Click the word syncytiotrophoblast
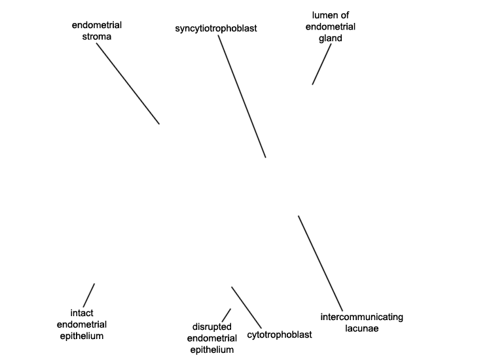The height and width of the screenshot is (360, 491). [x=216, y=29]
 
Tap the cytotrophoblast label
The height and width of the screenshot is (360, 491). [x=280, y=334]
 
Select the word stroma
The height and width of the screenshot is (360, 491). [x=97, y=37]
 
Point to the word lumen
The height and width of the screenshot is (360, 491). [x=323, y=15]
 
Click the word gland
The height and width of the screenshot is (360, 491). [x=331, y=39]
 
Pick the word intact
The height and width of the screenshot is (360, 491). [x=82, y=313]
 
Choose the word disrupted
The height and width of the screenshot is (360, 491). [x=211, y=327]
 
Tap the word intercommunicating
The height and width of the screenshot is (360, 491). [x=361, y=317]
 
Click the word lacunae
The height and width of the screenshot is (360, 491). [x=361, y=329]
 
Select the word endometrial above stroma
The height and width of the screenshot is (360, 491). [x=97, y=25]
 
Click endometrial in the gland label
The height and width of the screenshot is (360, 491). [x=331, y=27]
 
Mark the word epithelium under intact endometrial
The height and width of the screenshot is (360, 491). [x=82, y=336]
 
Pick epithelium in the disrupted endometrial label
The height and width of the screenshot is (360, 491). [x=212, y=350]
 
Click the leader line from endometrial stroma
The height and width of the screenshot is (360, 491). [x=128, y=84]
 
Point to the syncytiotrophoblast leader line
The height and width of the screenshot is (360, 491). [x=242, y=96]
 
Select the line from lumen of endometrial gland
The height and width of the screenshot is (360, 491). [x=321, y=64]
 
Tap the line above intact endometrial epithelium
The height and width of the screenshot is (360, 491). [x=88, y=295]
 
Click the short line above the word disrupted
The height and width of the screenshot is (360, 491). [x=227, y=315]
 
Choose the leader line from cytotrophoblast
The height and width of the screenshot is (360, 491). [x=246, y=308]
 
